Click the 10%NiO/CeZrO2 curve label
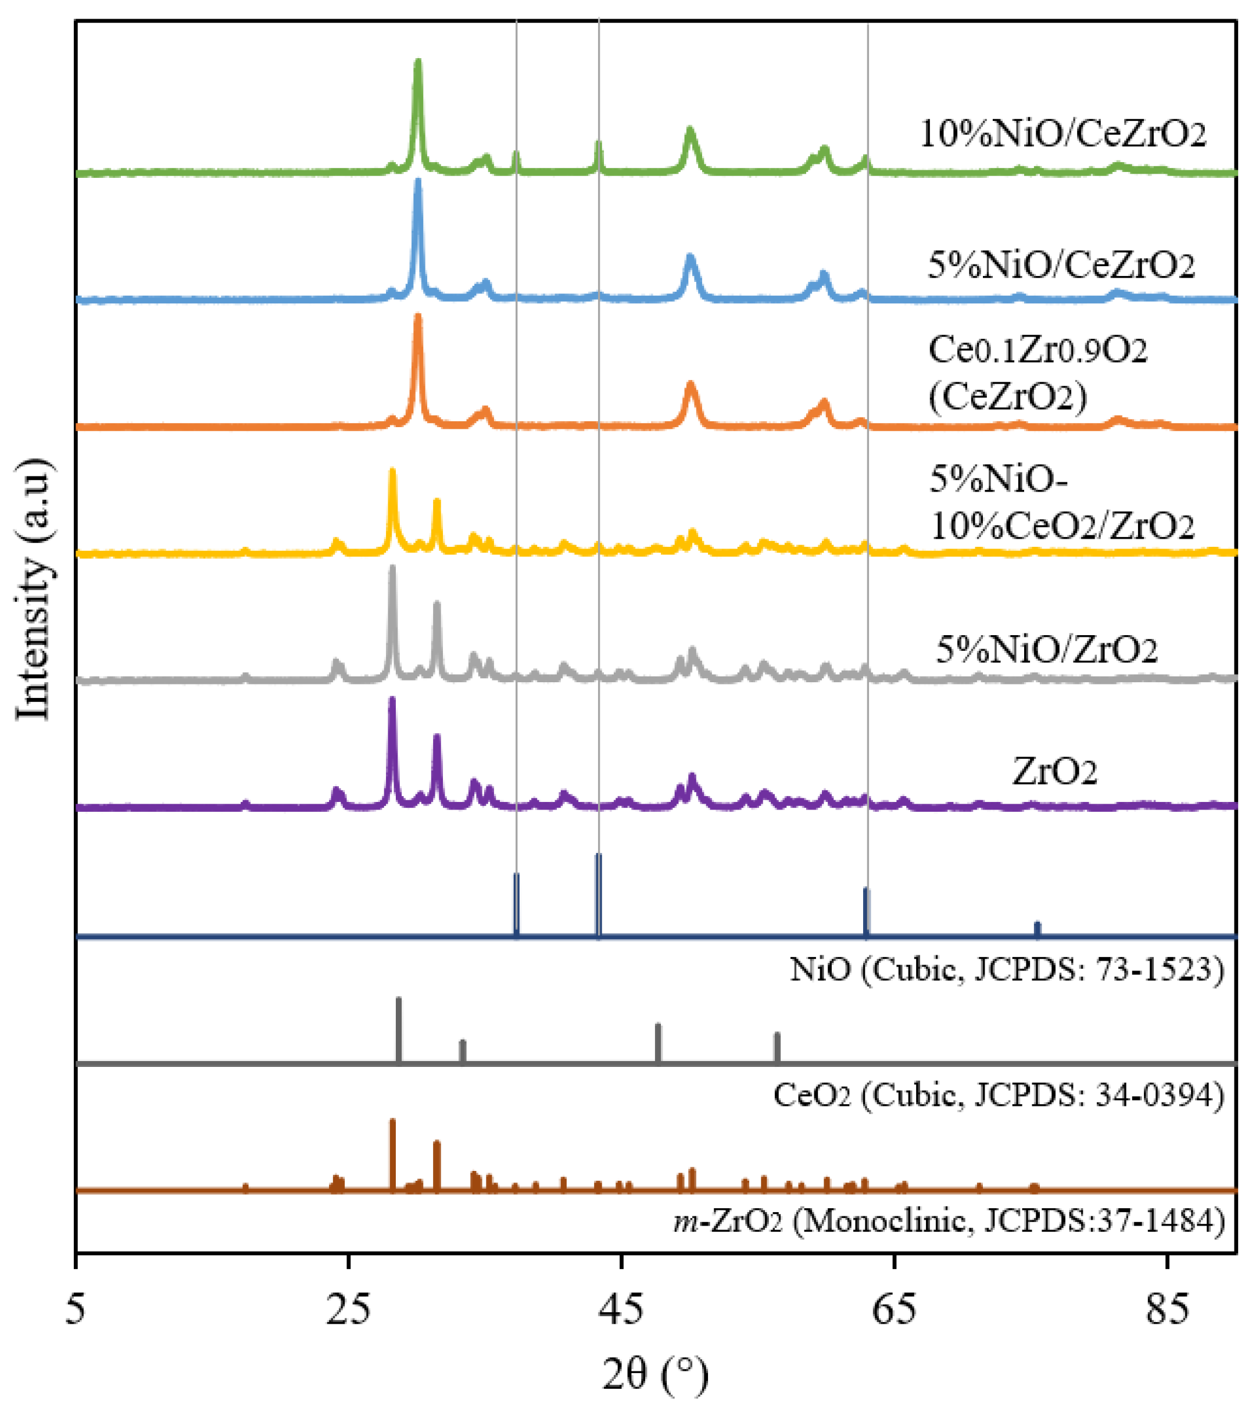(x=1063, y=134)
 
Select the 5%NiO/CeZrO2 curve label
(x=1061, y=266)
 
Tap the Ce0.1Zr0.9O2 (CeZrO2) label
(x=1038, y=374)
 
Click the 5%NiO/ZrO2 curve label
(x=1046, y=649)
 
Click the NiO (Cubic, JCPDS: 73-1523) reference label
(x=1007, y=970)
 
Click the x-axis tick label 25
(x=348, y=1307)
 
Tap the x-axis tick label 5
(x=76, y=1307)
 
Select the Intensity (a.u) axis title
(x=33, y=589)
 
